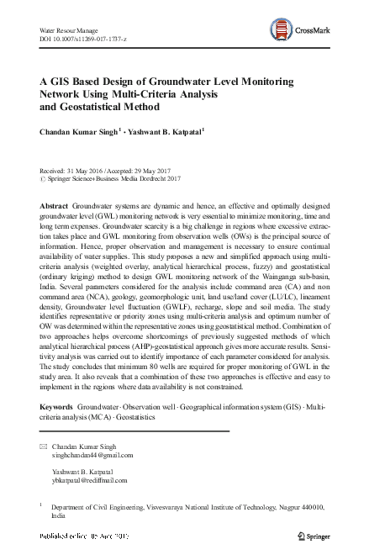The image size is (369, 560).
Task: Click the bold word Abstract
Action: tap(55, 206)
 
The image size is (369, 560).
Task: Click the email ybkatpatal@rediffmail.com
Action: tap(89, 480)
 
